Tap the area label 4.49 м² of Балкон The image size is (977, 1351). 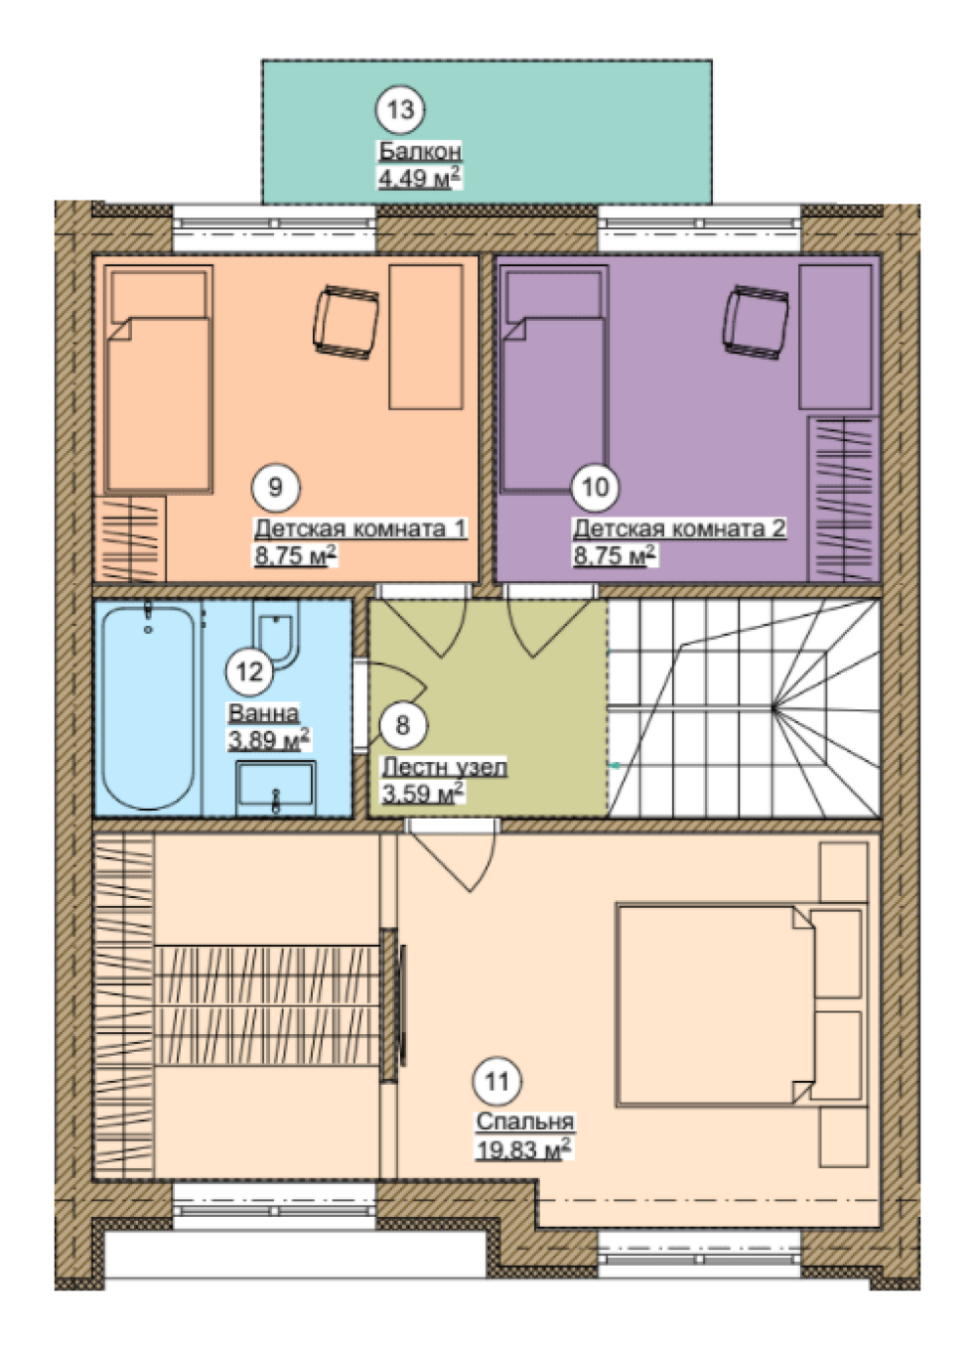pos(420,178)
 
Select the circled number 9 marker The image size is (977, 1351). pos(275,487)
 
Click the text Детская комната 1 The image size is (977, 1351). pos(360,529)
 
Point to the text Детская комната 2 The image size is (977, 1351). pos(679,529)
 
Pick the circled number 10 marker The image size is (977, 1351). pos(596,487)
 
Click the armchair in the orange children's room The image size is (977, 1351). pos(346,322)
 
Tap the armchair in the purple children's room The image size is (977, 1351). pos(756,322)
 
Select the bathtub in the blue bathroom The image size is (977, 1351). pos(149,708)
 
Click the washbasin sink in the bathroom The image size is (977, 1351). pos(276,788)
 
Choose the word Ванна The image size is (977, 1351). pos(263,714)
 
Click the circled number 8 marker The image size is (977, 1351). pos(403,725)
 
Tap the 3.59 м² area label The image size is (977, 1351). pos(423,793)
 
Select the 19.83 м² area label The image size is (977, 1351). pos(523,1149)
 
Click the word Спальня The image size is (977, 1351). pos(525,1122)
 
